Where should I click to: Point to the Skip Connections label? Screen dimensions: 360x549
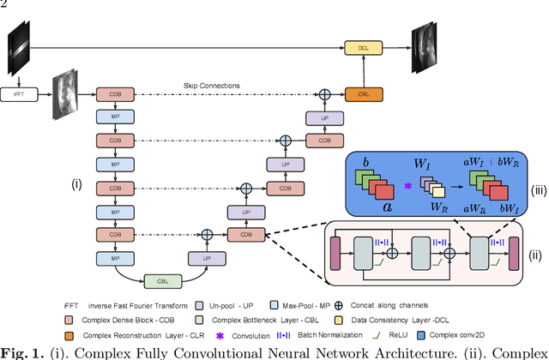[212, 85]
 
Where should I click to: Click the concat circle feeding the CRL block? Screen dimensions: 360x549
[325, 92]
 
